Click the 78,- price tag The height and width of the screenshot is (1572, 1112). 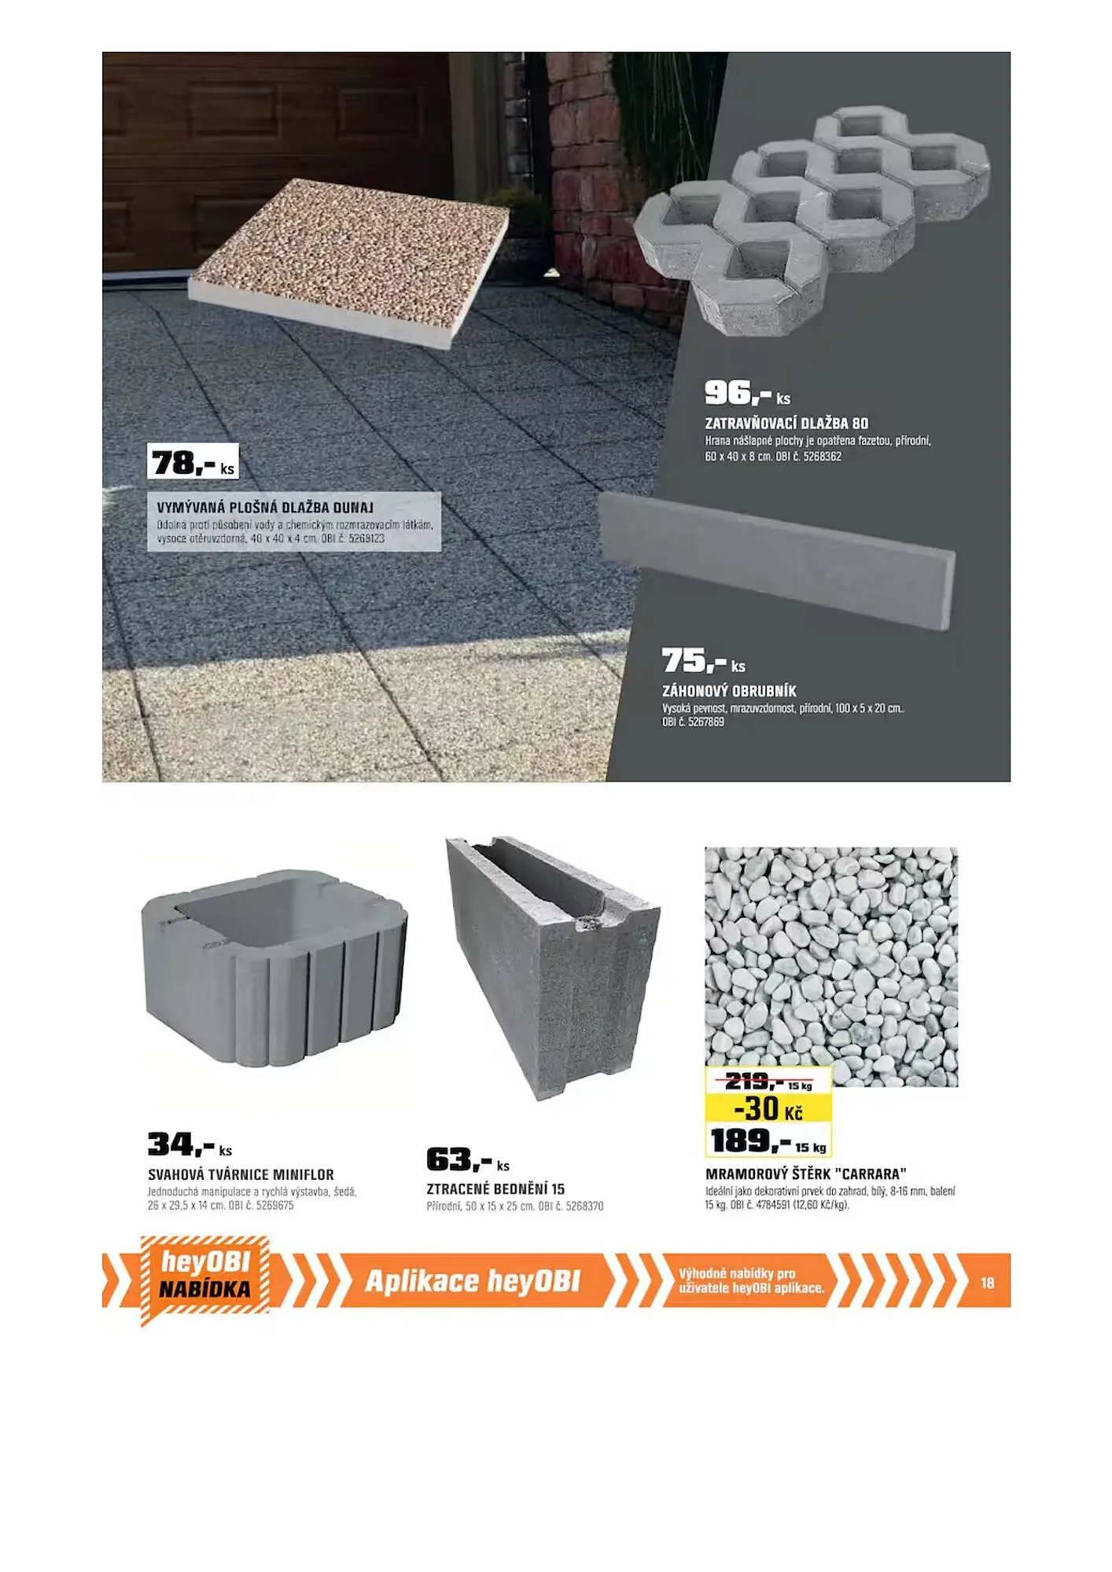click(x=193, y=462)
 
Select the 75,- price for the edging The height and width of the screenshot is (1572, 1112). click(x=703, y=661)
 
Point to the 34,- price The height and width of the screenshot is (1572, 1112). click(x=190, y=1145)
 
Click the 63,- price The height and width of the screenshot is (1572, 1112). click(x=468, y=1160)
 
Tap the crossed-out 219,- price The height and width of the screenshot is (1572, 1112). click(x=768, y=1082)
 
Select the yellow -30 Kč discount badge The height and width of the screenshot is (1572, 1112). click(x=768, y=1108)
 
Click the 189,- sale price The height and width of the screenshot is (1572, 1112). click(x=768, y=1140)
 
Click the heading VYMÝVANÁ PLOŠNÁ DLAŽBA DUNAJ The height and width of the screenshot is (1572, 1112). click(x=265, y=508)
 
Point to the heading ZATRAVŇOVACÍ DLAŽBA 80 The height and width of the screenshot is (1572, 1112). click(x=786, y=424)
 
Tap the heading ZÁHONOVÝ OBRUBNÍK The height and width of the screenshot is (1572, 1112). click(x=729, y=692)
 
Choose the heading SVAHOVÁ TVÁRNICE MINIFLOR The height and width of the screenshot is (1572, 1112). click(x=241, y=1175)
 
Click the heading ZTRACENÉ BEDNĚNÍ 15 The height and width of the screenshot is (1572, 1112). click(x=495, y=1189)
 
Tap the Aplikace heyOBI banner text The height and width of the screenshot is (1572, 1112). click(x=473, y=1281)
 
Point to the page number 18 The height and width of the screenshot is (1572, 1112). click(x=987, y=1283)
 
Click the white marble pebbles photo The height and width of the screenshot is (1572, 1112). click(x=831, y=965)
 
